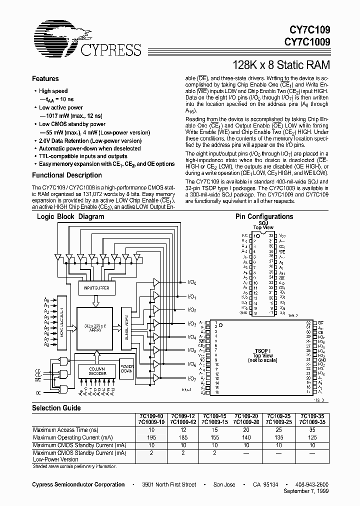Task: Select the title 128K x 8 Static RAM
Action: (x=282, y=65)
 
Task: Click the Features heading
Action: (x=45, y=78)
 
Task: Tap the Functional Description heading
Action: (x=67, y=175)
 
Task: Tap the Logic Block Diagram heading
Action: (x=70, y=217)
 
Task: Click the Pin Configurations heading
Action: (x=264, y=216)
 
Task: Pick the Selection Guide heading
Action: (x=56, y=408)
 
